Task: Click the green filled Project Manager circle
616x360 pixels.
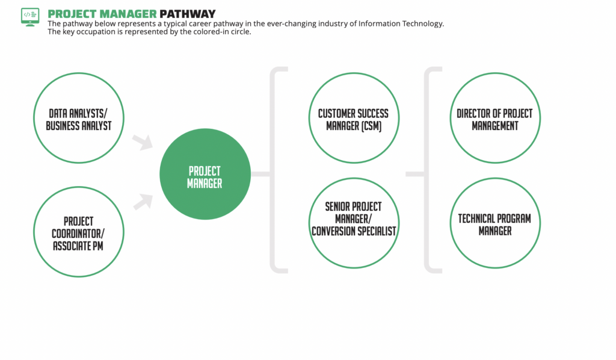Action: (x=205, y=174)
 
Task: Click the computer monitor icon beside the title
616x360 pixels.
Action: (x=30, y=17)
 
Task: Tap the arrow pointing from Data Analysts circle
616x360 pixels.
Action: (x=143, y=142)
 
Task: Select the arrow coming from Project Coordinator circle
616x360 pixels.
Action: (x=143, y=202)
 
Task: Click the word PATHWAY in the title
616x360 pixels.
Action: (x=188, y=14)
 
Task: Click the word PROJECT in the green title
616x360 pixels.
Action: (x=72, y=14)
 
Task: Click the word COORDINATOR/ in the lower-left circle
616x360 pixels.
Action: (x=78, y=234)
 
